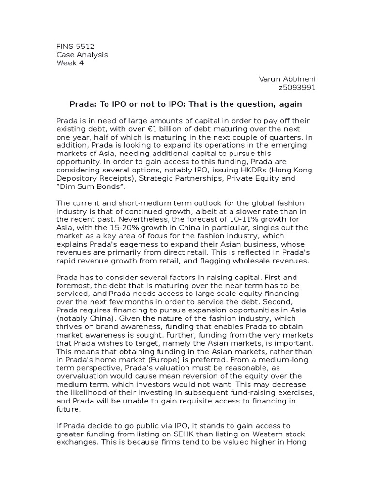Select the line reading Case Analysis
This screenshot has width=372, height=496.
pyautogui.click(x=82, y=55)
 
